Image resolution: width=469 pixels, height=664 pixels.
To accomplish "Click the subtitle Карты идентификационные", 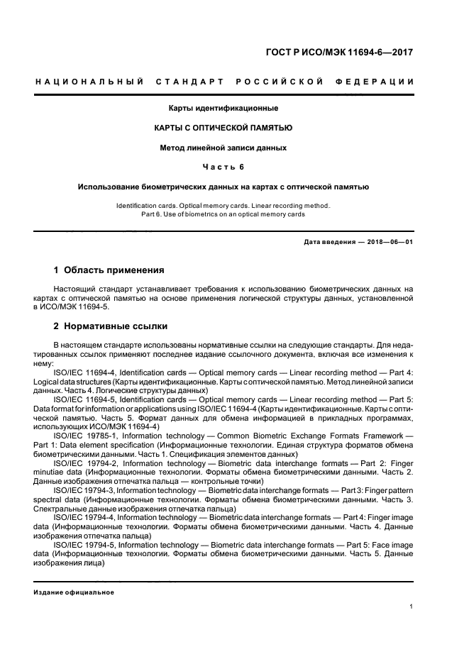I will (223, 108).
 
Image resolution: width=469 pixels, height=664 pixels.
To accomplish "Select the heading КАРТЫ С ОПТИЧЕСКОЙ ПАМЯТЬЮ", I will (223, 128).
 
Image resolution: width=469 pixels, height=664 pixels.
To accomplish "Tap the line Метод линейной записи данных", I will (223, 148).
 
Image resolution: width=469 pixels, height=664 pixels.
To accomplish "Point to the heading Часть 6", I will (223, 167).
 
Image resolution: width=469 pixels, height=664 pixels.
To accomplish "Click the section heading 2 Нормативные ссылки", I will (111, 326).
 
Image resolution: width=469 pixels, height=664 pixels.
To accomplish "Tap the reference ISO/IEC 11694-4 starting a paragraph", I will (84, 372).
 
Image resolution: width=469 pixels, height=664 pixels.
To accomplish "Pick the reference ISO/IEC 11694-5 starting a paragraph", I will (84, 400).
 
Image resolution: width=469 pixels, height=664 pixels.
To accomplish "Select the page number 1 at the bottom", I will (412, 607).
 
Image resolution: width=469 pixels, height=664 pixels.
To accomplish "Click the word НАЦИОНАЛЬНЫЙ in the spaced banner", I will (89, 82).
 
